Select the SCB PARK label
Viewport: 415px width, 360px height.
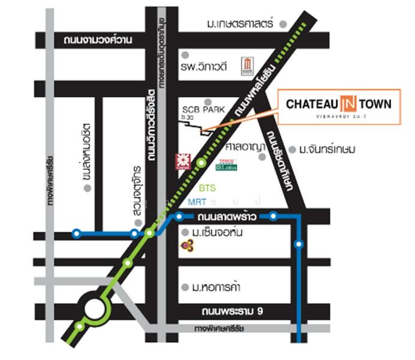tap(203, 110)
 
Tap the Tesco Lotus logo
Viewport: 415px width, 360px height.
tap(227, 164)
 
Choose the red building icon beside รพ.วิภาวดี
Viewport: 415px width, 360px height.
tap(247, 64)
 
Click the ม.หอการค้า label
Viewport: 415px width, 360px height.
tap(219, 287)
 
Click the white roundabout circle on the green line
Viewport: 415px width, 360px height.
tap(95, 309)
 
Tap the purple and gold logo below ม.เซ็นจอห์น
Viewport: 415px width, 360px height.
tap(187, 245)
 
